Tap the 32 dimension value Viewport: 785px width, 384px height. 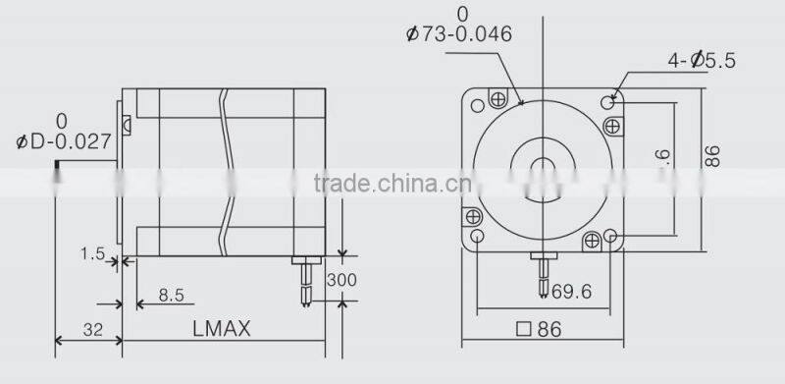[93, 331]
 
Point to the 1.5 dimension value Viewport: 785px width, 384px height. [93, 254]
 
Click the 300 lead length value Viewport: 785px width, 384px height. [342, 280]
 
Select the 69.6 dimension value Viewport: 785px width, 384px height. [572, 291]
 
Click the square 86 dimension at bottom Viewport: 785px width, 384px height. [542, 331]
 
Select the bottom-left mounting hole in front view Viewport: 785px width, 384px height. [478, 237]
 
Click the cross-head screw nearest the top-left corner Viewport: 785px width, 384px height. [498, 98]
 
